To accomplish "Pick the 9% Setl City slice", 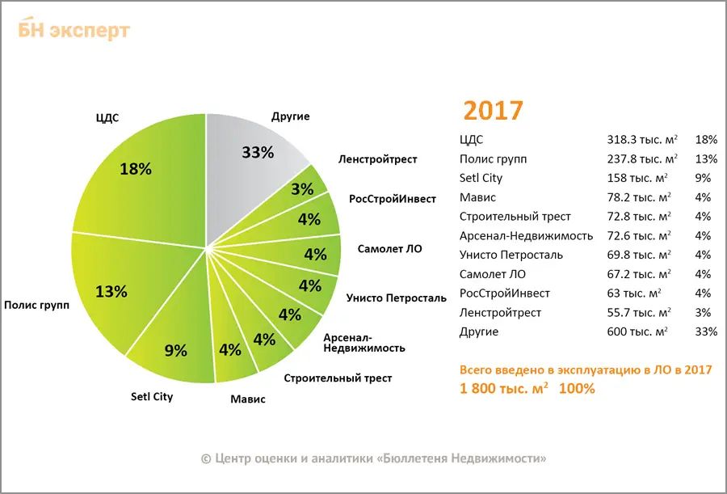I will point(174,348).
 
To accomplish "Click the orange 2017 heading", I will point(493,111).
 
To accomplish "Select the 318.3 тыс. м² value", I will point(642,140).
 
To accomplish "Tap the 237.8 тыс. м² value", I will point(642,159).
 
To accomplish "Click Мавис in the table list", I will point(477,197).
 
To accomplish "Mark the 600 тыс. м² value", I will point(637,331).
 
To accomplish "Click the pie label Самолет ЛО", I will point(390,248).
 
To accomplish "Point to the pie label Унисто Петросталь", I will point(396,298).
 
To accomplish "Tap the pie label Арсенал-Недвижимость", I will point(363,342).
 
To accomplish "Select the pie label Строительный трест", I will point(338,378).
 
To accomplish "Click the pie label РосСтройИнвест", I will point(393,199).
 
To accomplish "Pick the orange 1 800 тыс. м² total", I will point(504,388).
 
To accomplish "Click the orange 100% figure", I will point(578,388).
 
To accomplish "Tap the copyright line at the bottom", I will point(373,458).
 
